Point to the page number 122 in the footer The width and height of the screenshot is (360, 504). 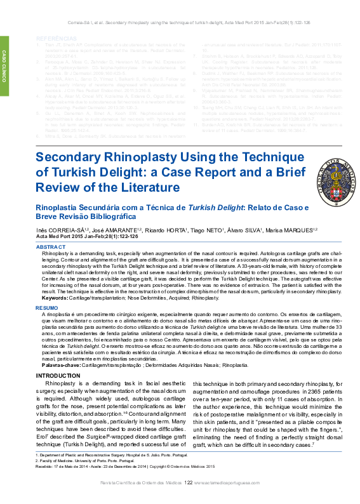[188, 501]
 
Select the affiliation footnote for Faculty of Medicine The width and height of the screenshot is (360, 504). [83, 479]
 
